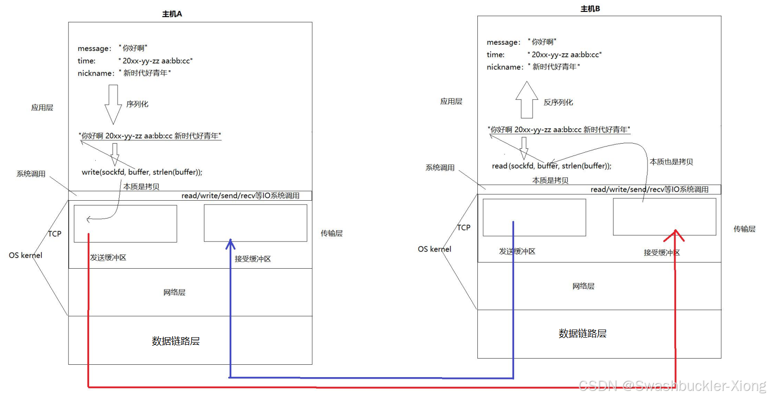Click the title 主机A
(172, 14)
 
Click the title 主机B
(590, 9)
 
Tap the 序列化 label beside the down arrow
(137, 104)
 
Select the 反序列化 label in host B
(558, 102)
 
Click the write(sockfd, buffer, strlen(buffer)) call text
(142, 172)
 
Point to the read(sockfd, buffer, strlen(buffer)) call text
(551, 166)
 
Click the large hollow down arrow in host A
(113, 104)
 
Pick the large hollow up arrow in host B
(526, 100)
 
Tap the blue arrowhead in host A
(231, 244)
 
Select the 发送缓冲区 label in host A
(108, 258)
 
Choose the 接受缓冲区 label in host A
(253, 259)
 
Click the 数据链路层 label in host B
(582, 334)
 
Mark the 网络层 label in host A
(174, 292)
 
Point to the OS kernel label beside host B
(434, 249)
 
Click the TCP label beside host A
(55, 234)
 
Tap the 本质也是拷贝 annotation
(671, 162)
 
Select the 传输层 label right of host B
(744, 229)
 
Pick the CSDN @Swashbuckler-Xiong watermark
(672, 386)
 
